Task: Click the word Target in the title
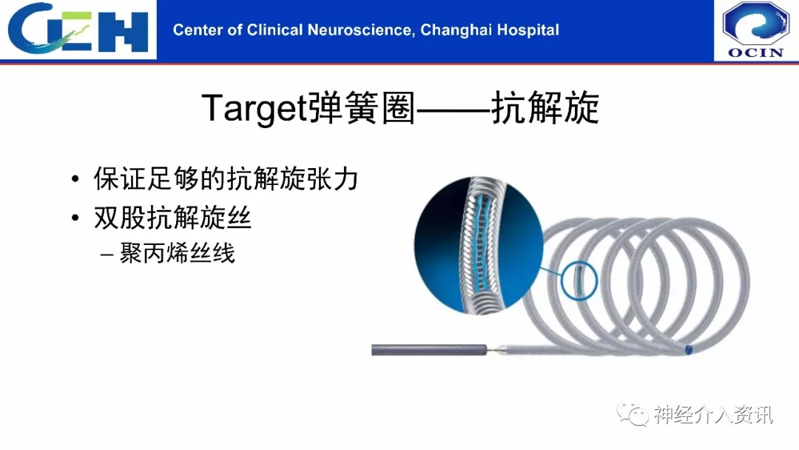click(254, 108)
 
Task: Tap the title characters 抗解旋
click(545, 107)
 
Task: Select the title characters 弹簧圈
click(361, 107)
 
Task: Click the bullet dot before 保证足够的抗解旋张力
click(75, 179)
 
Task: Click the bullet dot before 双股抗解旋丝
click(75, 218)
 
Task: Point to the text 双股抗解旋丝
click(172, 218)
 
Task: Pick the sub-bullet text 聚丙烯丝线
click(178, 253)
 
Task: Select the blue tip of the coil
click(689, 349)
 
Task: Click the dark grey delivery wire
click(429, 350)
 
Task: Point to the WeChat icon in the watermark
click(633, 413)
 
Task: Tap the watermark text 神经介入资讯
click(713, 414)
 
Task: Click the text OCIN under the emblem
click(755, 53)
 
